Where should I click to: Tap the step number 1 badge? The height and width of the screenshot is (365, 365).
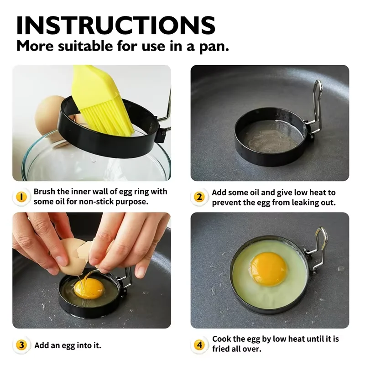(x=21, y=197)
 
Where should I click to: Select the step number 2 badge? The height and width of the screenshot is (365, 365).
(x=199, y=197)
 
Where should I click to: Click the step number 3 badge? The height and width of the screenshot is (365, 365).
(x=21, y=345)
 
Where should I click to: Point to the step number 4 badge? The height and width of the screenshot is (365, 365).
(x=199, y=345)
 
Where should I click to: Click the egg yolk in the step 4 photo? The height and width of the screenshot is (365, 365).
(x=269, y=269)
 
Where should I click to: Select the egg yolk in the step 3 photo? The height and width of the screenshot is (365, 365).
(x=88, y=288)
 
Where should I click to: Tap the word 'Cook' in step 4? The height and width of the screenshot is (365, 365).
(x=222, y=339)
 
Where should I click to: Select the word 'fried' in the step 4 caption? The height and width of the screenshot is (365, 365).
(x=222, y=349)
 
